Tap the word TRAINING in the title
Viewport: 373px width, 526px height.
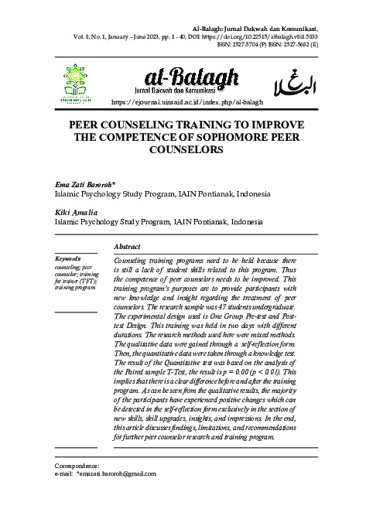(x=192, y=125)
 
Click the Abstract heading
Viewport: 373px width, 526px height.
(x=127, y=246)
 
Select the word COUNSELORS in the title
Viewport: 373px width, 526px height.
(x=186, y=149)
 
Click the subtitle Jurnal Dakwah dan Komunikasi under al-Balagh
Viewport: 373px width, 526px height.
(x=190, y=90)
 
